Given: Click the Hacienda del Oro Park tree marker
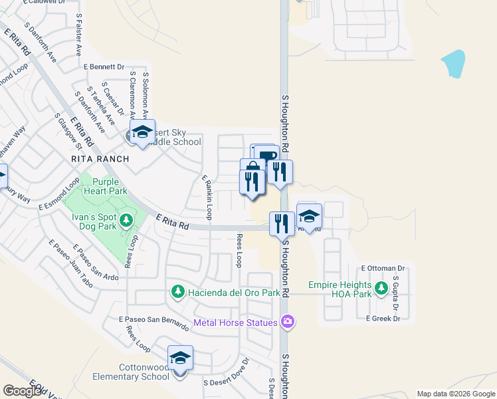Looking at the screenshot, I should (x=177, y=291).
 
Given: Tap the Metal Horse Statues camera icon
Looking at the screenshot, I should (x=288, y=322).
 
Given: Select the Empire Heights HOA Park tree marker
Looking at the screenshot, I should (x=381, y=288).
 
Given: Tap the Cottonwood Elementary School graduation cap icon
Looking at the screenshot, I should (x=180, y=358).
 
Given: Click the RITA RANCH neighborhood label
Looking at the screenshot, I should (x=100, y=160).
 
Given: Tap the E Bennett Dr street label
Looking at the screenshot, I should (x=104, y=66).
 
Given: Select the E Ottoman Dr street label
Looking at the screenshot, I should (x=383, y=268).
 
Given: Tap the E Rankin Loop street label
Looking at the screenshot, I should (x=208, y=197).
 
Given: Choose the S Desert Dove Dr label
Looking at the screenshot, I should (x=226, y=373).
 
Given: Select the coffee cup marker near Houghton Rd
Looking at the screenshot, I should (x=267, y=157).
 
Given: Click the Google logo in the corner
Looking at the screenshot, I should (x=22, y=391).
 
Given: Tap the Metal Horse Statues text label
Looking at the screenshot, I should (x=235, y=323).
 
